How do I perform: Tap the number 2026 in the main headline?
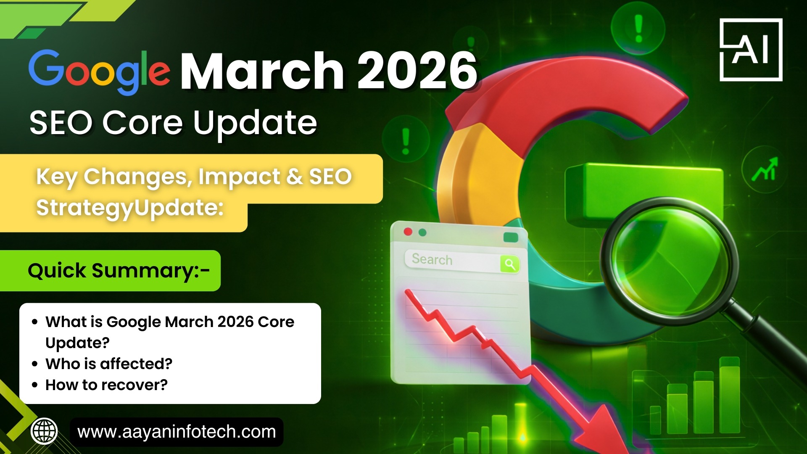[x=417, y=71]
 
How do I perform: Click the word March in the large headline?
[x=263, y=71]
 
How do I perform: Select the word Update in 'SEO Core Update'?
[x=255, y=124]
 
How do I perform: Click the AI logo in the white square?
[x=751, y=50]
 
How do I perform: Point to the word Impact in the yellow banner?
[x=239, y=177]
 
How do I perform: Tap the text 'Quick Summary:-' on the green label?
[x=119, y=271]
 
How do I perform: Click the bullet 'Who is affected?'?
[x=109, y=364]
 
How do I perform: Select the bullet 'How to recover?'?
[x=106, y=385]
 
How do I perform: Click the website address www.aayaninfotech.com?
[x=177, y=432]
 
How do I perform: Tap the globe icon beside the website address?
[x=44, y=431]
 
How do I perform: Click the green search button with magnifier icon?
[x=510, y=264]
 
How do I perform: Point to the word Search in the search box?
[x=432, y=259]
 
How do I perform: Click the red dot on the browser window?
[x=407, y=232]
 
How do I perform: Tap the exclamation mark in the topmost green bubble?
[x=638, y=29]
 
